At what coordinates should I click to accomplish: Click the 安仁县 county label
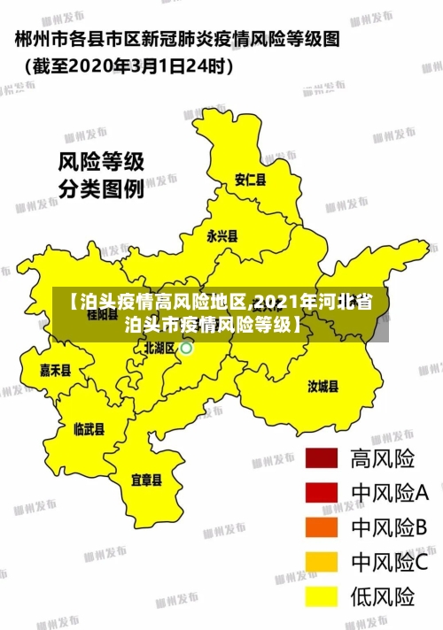tap(250, 180)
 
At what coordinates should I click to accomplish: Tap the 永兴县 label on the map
tap(221, 236)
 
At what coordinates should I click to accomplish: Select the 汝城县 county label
tap(323, 386)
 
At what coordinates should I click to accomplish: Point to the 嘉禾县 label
tap(55, 370)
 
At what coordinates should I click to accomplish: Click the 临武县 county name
tap(89, 429)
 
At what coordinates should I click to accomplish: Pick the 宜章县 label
tap(146, 480)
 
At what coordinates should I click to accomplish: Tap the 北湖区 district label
tap(159, 348)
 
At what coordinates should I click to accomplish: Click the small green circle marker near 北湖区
tap(187, 349)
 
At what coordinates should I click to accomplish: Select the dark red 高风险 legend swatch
tap(322, 458)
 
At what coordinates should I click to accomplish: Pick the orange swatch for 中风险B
tap(322, 527)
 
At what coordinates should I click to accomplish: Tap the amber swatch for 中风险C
tap(322, 562)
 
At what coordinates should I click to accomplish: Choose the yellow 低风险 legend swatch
tap(322, 596)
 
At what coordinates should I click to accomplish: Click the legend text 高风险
tap(383, 458)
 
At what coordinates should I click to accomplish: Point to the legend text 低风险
tap(383, 596)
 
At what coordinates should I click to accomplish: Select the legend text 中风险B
tap(390, 527)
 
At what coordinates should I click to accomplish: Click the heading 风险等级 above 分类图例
tap(101, 162)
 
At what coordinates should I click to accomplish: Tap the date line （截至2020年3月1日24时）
tap(124, 65)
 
